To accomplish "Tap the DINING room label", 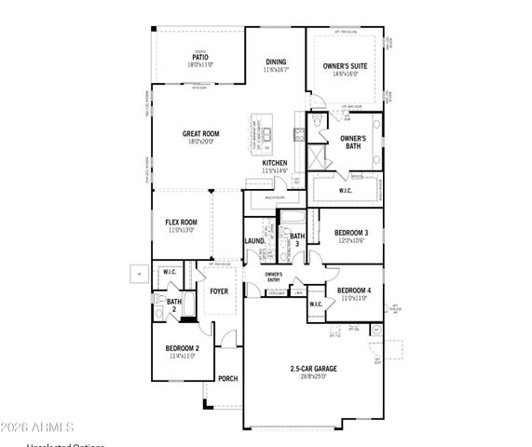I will point(276,61).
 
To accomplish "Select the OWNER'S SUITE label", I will point(346,67).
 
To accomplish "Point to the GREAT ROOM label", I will point(200,134).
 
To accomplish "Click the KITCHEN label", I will point(275,163).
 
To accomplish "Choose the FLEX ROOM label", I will point(182,222).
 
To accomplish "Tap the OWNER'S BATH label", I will point(352,142).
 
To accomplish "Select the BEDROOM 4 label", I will point(354,290).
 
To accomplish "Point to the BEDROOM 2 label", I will point(183,348).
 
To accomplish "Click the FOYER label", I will point(219,291).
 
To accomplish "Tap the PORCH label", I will point(227,378).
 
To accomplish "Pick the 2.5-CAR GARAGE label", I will point(312,369).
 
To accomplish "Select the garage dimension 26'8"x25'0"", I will point(312,378).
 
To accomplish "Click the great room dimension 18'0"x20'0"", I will point(200,142).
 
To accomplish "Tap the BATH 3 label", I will point(297,240).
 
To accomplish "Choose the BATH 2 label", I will point(174,305).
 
